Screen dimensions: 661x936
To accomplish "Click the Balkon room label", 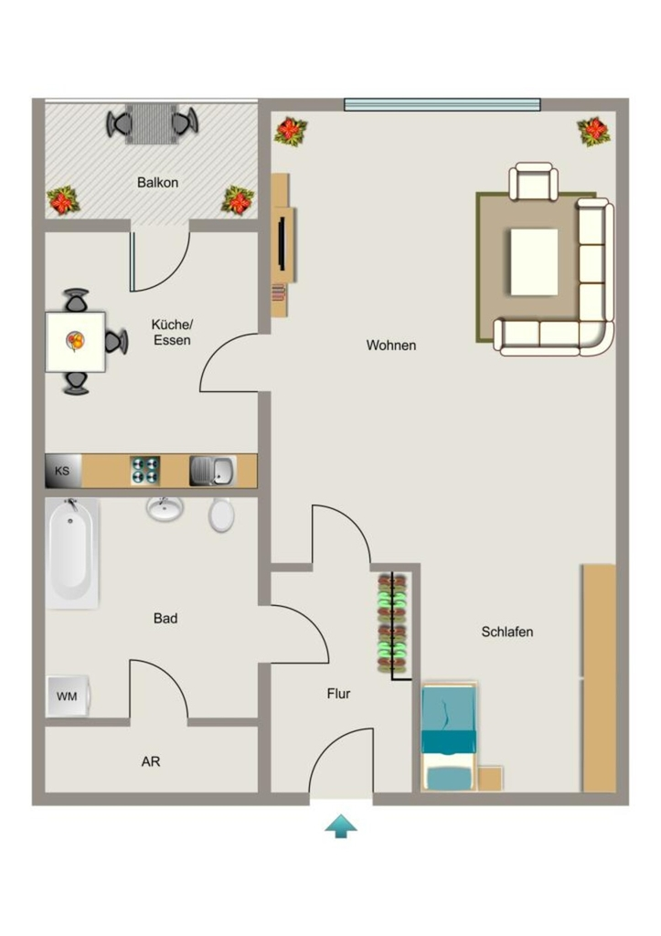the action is tap(157, 183).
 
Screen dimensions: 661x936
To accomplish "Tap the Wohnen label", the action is tap(391, 346).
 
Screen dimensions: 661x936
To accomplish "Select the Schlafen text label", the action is tap(506, 632).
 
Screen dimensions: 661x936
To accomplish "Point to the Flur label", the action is tap(338, 694).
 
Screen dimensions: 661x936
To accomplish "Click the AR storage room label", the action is tap(151, 761).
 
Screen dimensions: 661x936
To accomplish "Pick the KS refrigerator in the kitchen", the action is tap(63, 471).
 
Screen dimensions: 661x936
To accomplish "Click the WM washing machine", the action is tap(68, 696).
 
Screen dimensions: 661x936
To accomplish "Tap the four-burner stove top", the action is tap(145, 471).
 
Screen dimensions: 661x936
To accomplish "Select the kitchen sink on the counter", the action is tap(213, 471).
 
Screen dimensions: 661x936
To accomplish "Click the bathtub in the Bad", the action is tap(71, 553).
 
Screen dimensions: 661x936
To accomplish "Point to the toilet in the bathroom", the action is tap(221, 516).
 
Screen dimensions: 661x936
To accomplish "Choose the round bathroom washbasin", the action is tap(165, 509).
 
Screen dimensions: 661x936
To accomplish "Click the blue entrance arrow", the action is tap(341, 825).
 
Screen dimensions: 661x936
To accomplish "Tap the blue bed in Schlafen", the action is tap(449, 738).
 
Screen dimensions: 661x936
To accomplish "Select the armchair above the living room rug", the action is tap(533, 182).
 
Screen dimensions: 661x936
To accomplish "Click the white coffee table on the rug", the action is tap(534, 261).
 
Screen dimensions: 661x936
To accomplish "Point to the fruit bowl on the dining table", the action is tap(75, 342).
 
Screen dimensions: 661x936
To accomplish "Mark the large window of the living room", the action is tap(442, 104).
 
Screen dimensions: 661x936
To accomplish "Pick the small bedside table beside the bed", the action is tap(490, 779).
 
